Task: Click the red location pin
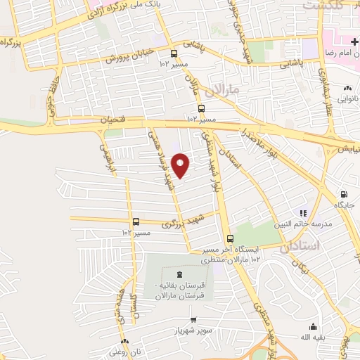click(181, 165)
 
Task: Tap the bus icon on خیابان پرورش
click(174, 53)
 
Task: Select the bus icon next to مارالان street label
click(202, 108)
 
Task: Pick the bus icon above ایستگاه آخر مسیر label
click(230, 238)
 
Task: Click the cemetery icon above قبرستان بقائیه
click(178, 274)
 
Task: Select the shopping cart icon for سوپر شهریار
click(184, 319)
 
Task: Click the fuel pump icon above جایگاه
click(343, 194)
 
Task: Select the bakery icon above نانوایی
click(347, 89)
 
